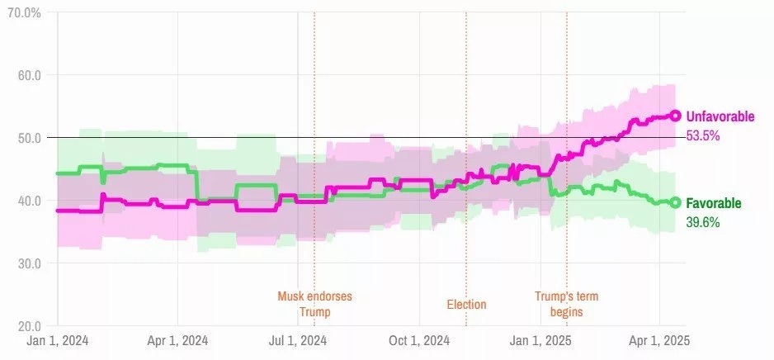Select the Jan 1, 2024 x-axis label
[x=58, y=341]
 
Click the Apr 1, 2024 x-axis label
[x=177, y=341]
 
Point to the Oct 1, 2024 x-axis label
[x=418, y=341]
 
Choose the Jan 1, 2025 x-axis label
[x=540, y=341]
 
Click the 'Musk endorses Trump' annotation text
[x=314, y=304]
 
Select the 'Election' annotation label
[x=466, y=305]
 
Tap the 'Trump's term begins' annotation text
[x=566, y=304]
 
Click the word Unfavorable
[x=720, y=117]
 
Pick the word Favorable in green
[x=714, y=203]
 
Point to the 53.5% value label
[x=704, y=135]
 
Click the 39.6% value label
[x=703, y=221]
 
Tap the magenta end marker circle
[x=675, y=116]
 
